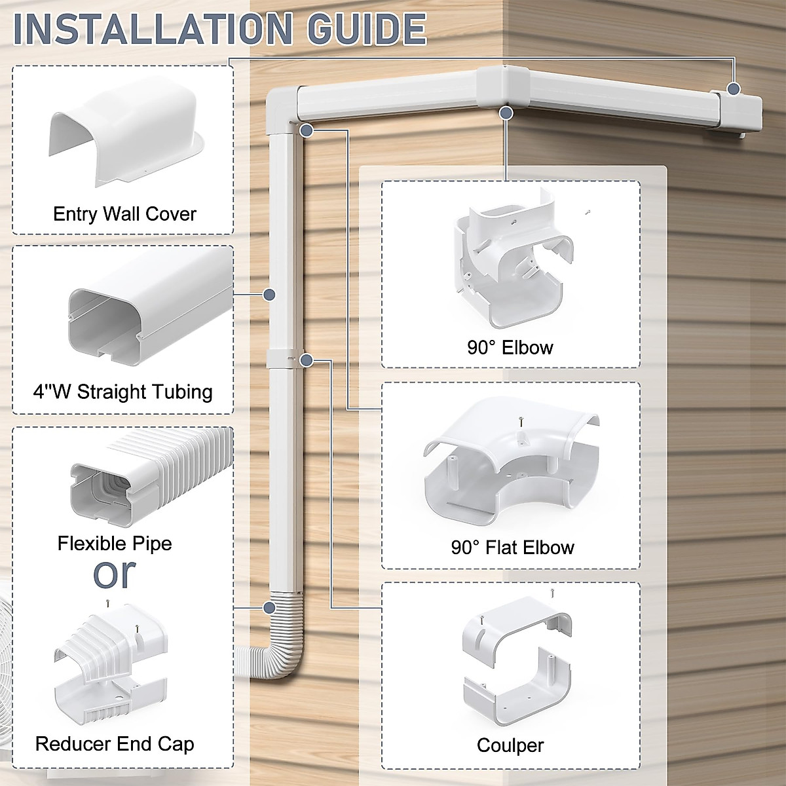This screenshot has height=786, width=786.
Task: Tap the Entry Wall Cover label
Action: (x=124, y=214)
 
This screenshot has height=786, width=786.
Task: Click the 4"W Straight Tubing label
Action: (x=123, y=392)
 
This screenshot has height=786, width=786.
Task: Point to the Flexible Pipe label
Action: (x=115, y=543)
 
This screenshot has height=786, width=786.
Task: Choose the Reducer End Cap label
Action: (x=115, y=744)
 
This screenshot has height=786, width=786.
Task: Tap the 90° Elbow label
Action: (x=510, y=347)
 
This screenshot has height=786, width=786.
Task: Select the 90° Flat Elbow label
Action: (x=512, y=547)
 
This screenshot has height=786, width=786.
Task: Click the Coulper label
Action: (x=510, y=745)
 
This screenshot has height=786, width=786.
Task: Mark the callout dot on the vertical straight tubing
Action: (x=269, y=295)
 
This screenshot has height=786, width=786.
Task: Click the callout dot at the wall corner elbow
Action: (x=505, y=113)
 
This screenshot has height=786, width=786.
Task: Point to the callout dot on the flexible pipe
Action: (x=269, y=608)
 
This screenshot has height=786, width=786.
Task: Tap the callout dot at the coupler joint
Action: (x=306, y=360)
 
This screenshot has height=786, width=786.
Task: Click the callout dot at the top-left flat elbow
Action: (x=306, y=131)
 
